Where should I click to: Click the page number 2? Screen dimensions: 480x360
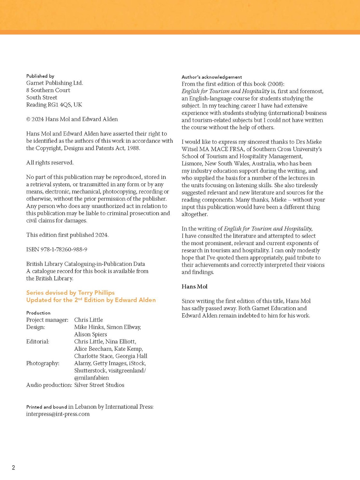(13, 468)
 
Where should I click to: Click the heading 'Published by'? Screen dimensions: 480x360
(40, 76)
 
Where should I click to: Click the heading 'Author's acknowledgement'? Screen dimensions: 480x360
(212, 77)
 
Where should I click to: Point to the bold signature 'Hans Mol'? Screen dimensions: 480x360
(194, 286)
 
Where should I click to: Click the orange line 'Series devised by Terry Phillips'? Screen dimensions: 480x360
(70, 292)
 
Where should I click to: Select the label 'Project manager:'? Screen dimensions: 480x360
(47, 320)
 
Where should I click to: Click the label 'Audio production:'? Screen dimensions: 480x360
(49, 385)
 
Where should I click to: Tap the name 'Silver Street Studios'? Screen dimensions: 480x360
(99, 385)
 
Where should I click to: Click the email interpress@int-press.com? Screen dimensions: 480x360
(58, 414)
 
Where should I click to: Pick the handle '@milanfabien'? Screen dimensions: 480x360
(91, 378)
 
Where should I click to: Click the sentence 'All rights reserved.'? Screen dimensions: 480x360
(50, 163)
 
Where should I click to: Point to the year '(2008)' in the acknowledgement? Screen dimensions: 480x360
(276, 84)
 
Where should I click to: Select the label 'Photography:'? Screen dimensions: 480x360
(43, 363)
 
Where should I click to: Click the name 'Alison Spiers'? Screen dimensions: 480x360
(90, 334)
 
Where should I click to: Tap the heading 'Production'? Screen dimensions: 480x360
(38, 313)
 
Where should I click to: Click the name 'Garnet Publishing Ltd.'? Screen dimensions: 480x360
(55, 83)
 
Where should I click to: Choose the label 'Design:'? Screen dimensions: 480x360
(35, 327)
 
